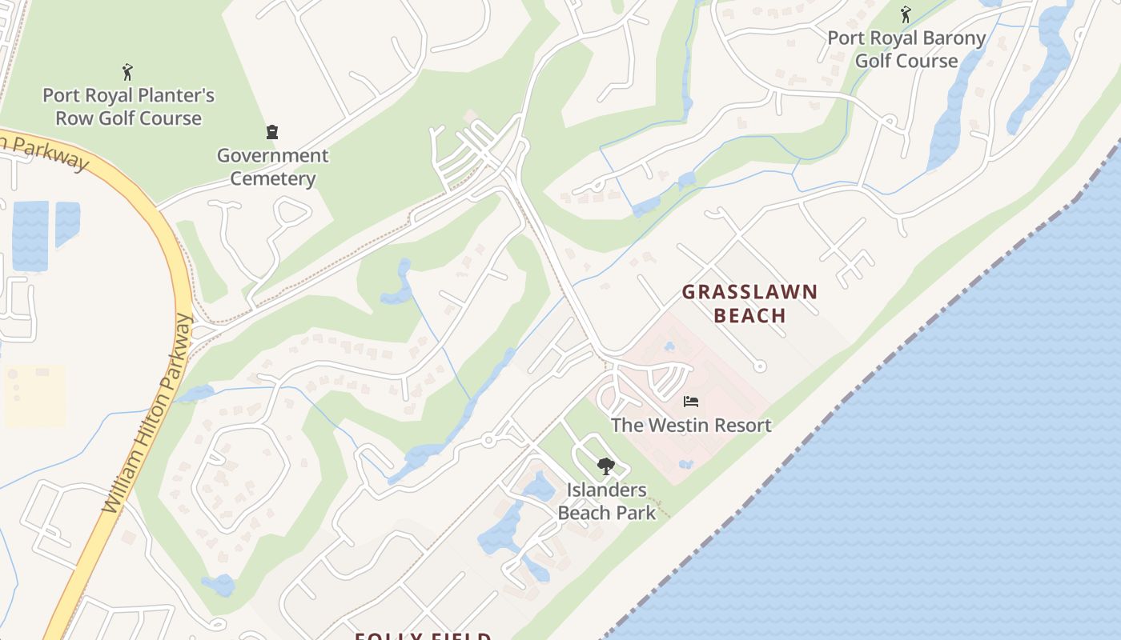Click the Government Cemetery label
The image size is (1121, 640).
[272, 166]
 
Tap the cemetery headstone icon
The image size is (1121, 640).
[272, 132]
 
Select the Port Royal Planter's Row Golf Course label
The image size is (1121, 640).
[128, 106]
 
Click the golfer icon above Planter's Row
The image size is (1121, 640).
[127, 72]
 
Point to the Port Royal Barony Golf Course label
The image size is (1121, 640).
[906, 50]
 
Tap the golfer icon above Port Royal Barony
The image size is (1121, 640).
[906, 14]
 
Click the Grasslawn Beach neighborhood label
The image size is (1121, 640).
[749, 303]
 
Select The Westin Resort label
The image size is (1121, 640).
[691, 425]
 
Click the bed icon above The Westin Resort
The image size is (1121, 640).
[691, 401]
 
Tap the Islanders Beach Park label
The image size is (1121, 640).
[606, 501]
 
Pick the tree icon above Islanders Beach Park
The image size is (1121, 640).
[606, 466]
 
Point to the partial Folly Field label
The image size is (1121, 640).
[423, 636]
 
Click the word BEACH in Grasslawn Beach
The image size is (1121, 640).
[749, 315]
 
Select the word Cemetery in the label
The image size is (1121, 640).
[272, 178]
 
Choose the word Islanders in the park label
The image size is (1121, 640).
[606, 490]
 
